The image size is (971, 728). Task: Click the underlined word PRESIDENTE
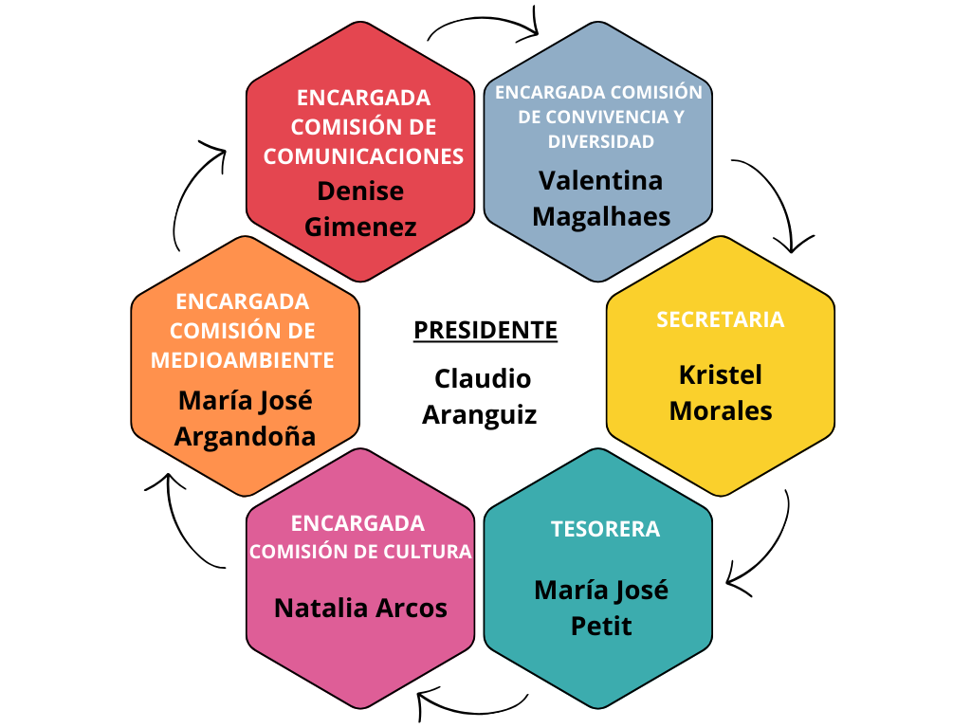[485, 330]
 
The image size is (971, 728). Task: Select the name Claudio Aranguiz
[482, 396]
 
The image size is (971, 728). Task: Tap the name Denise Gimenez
[360, 209]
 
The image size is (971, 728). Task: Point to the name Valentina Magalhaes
[601, 198]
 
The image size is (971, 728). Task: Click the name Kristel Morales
[721, 392]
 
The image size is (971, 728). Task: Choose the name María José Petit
[601, 608]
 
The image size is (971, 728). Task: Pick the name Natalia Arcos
[360, 608]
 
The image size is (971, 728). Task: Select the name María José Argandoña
[246, 418]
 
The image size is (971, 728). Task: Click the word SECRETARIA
[721, 319]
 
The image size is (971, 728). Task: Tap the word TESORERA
[605, 529]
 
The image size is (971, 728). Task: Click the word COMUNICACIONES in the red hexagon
[363, 156]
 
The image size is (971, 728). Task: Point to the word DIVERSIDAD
[601, 142]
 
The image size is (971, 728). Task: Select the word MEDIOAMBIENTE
[243, 360]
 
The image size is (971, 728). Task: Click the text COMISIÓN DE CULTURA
[360, 552]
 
